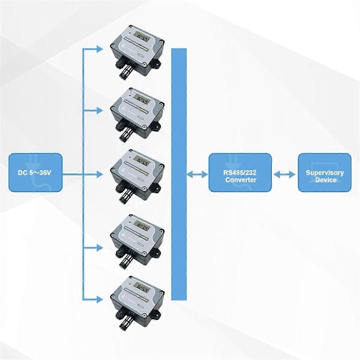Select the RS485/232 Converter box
click(x=240, y=172)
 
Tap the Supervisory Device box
click(x=325, y=172)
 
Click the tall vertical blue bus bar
click(x=179, y=174)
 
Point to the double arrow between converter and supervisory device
click(x=285, y=174)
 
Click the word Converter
click(x=241, y=180)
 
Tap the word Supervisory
click(x=325, y=173)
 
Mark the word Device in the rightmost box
click(x=325, y=180)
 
